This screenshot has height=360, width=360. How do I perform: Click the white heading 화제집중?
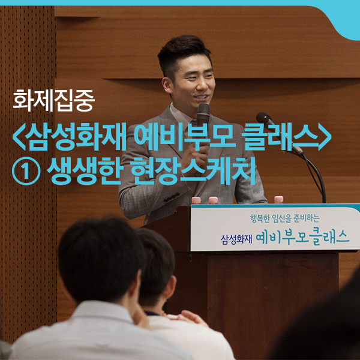53,101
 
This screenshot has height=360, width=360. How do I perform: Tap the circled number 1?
26,171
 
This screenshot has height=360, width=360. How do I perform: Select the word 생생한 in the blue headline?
84,171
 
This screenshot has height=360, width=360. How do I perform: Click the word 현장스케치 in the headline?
193,171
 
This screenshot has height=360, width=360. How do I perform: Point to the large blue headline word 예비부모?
185,137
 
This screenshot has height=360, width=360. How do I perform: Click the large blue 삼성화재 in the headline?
76,137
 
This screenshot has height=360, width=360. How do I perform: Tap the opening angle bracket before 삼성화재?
19,137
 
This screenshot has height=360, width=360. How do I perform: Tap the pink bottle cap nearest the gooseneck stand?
279,199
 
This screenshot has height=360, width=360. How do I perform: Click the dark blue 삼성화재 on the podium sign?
236,239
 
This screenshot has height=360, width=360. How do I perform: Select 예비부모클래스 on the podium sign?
302,237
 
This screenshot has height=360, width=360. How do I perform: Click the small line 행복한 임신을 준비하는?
284,218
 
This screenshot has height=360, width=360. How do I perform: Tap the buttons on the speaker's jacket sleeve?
172,197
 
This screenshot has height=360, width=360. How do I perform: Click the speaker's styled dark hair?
184,54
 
